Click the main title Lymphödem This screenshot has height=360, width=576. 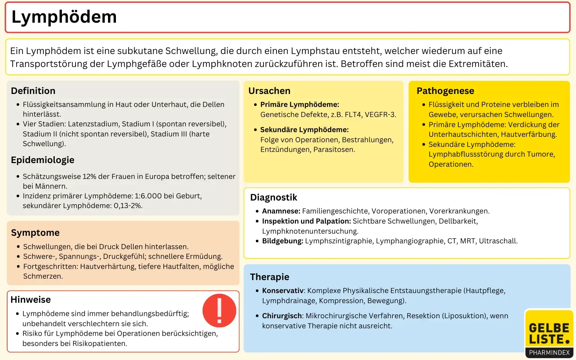64,17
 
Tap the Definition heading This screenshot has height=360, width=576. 33,91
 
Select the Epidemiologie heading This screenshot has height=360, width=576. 42,160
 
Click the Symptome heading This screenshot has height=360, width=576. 35,233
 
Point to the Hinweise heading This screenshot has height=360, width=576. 31,300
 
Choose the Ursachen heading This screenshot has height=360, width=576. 269,91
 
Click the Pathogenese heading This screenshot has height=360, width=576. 445,91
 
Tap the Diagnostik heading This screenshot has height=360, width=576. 274,197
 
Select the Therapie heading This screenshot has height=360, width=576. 270,277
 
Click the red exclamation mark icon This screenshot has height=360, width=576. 219,310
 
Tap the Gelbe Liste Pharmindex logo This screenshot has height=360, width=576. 549,334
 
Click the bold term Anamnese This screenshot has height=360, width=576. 281,211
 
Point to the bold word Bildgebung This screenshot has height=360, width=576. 282,241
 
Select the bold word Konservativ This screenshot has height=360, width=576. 283,291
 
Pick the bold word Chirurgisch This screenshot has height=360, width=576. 282,316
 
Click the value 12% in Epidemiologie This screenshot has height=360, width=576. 89,176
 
